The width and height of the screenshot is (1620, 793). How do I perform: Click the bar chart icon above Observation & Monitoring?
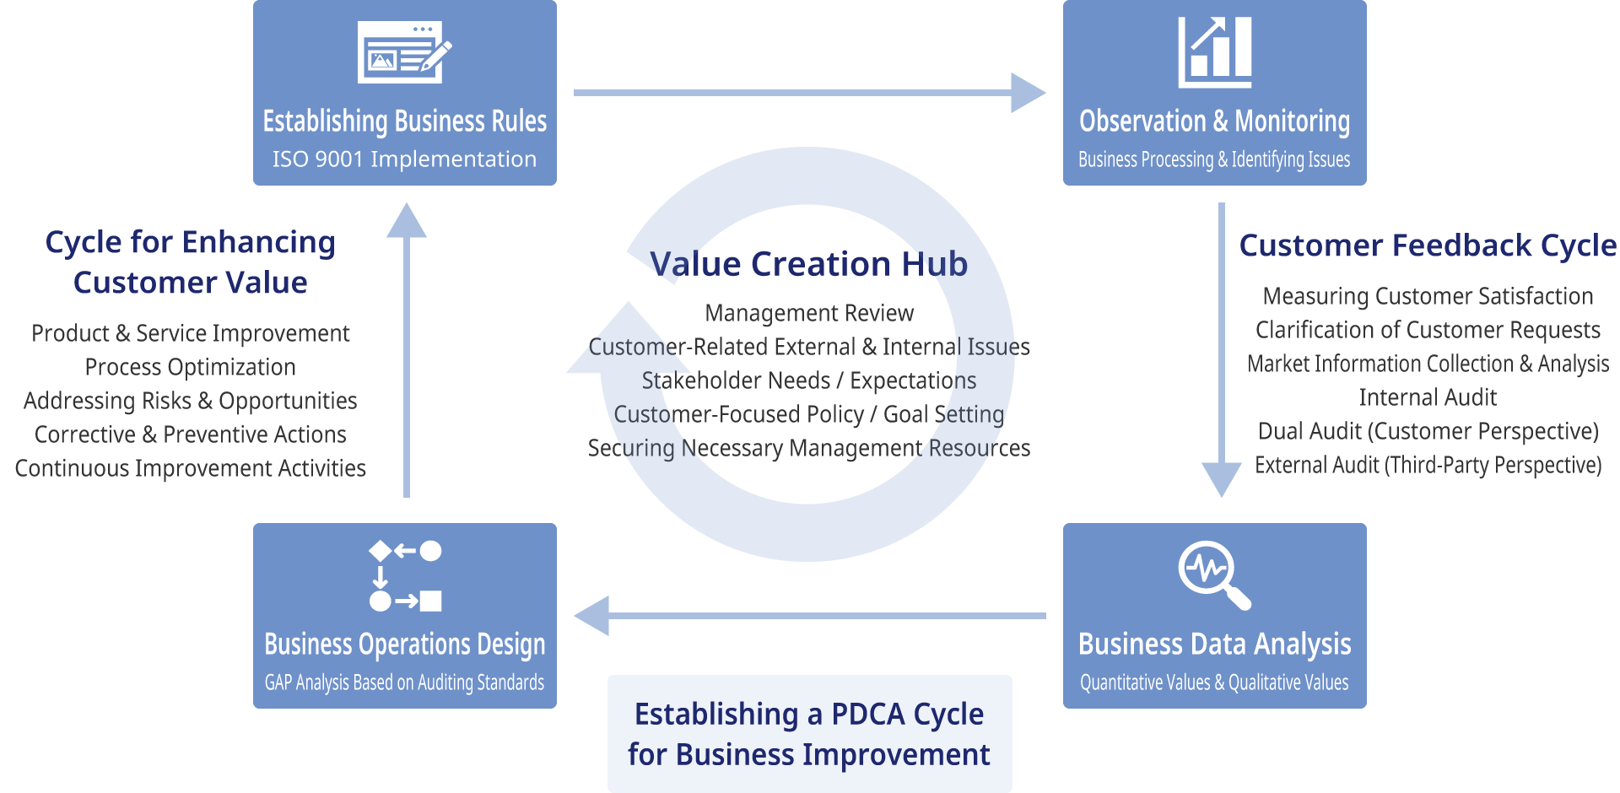[1215, 52]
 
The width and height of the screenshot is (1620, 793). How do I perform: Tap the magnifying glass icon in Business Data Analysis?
[1214, 575]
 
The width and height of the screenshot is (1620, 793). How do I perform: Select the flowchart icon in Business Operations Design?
[405, 575]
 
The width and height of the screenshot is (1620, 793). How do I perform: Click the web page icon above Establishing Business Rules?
[404, 52]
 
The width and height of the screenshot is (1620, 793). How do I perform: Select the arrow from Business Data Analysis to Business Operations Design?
[810, 616]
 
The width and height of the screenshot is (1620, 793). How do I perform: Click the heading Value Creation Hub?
[808, 264]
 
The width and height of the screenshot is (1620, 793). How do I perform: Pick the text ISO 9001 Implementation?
[404, 159]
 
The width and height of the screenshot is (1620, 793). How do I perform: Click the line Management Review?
[808, 313]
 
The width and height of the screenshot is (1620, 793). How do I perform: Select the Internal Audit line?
[1428, 397]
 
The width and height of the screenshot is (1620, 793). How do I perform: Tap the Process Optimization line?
[190, 367]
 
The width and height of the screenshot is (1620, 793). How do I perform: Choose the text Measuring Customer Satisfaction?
[1428, 296]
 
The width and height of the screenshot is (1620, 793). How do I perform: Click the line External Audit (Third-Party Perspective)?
[1428, 465]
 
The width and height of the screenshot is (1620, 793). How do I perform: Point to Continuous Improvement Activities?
[190, 468]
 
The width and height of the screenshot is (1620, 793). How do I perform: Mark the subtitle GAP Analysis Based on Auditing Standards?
[404, 682]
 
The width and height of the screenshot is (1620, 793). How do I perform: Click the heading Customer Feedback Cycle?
[1428, 245]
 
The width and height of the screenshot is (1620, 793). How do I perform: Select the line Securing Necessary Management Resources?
[808, 448]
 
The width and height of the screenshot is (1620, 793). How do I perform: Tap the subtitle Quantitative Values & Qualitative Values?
[1214, 682]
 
